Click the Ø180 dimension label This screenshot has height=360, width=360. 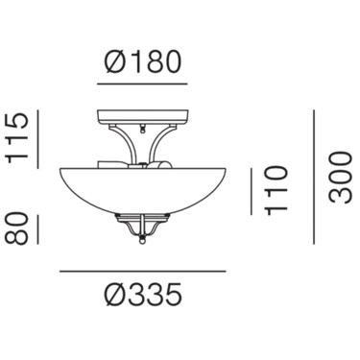(143, 61)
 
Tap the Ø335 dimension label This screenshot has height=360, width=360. (143, 294)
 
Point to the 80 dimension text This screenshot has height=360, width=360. (16, 229)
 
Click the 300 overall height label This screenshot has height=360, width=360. (341, 178)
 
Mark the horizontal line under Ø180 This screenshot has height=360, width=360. (142, 84)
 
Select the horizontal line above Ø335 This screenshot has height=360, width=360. (143, 272)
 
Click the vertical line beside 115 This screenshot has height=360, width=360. (37, 139)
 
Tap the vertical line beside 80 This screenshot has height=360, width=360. (37, 229)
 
